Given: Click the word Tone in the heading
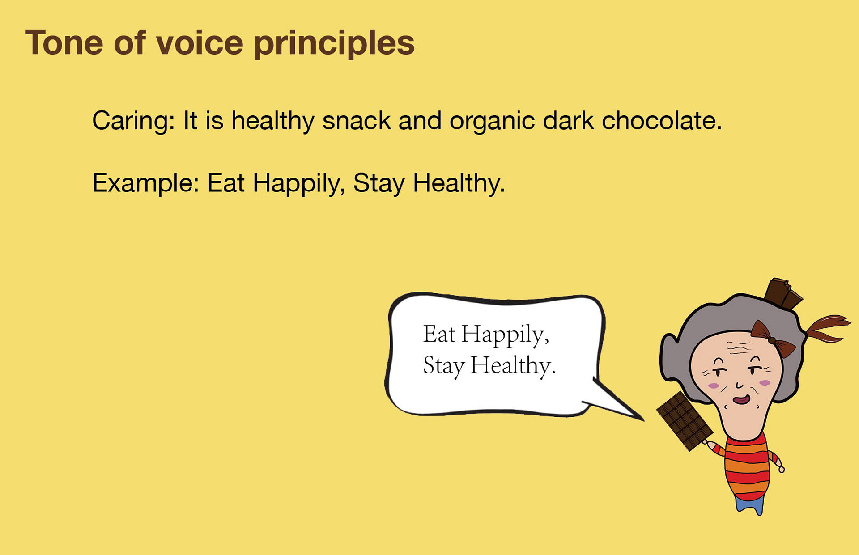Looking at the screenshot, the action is tap(64, 43).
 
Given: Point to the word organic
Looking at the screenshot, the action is tap(492, 121).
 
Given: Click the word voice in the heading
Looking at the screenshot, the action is tap(199, 43).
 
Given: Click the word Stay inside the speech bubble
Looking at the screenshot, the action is tap(443, 366).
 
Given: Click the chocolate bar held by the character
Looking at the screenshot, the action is tap(684, 420).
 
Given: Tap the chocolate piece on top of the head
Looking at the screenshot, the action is tap(782, 293).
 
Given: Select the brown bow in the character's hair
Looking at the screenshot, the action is tap(772, 339).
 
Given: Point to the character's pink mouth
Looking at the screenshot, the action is tap(741, 399).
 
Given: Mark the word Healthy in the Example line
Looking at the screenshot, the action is tap(459, 183).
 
